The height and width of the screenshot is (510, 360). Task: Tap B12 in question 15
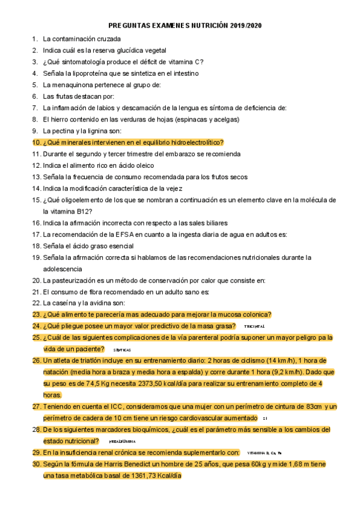[84, 212]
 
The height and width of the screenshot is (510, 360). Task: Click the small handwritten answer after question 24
[254, 327]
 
